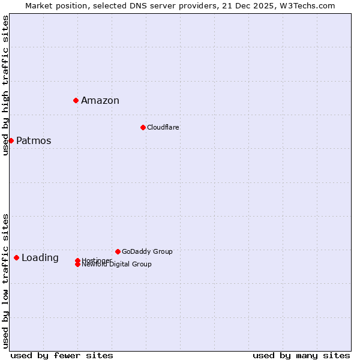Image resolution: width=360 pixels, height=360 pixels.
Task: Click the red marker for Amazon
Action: (76, 100)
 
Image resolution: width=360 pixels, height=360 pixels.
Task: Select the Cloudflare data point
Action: (143, 127)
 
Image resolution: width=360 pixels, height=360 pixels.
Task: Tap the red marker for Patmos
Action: (11, 140)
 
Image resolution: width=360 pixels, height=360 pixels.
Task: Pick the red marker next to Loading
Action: (16, 257)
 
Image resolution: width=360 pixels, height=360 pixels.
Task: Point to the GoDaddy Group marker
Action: (118, 251)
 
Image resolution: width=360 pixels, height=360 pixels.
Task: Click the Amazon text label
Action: (100, 101)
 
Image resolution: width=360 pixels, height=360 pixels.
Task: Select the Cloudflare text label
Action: (163, 127)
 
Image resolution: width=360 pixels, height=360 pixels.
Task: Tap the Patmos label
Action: (34, 141)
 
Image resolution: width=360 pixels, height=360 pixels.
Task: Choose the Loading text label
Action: (40, 258)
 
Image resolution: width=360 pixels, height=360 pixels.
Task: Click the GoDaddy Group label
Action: (147, 251)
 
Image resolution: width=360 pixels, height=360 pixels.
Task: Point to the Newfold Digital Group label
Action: (117, 265)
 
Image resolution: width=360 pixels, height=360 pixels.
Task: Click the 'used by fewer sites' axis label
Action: (62, 355)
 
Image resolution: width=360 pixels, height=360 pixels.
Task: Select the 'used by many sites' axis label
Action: (301, 355)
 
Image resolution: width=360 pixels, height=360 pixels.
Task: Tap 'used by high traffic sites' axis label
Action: (6, 85)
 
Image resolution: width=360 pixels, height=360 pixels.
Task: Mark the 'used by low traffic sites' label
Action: (6, 280)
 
